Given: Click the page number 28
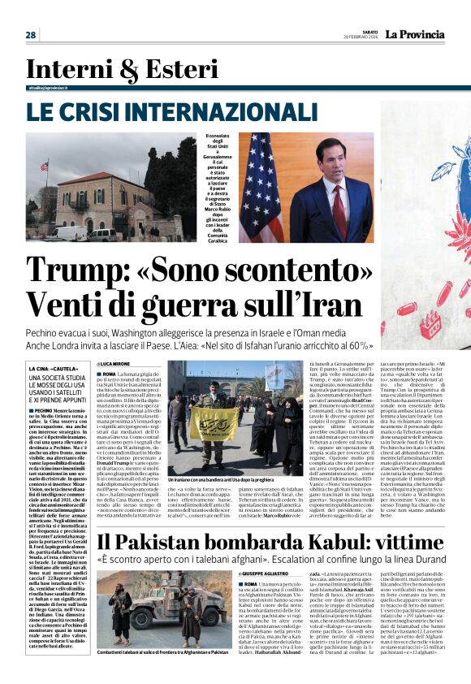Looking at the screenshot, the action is [31, 35].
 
